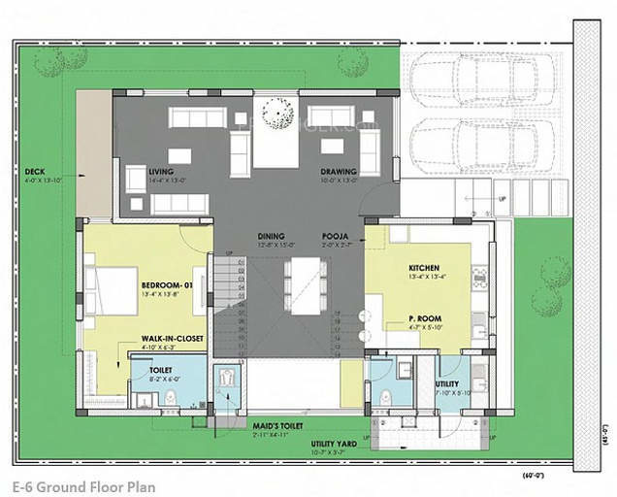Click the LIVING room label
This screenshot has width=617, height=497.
coord(161,172)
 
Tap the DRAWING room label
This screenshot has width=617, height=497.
coord(340,172)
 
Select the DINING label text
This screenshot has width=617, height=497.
coord(271,237)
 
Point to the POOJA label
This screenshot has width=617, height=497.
coord(336,237)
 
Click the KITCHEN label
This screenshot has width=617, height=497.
coord(425,268)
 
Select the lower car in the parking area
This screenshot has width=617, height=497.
coord(476,143)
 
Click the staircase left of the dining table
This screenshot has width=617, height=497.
coord(228,301)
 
